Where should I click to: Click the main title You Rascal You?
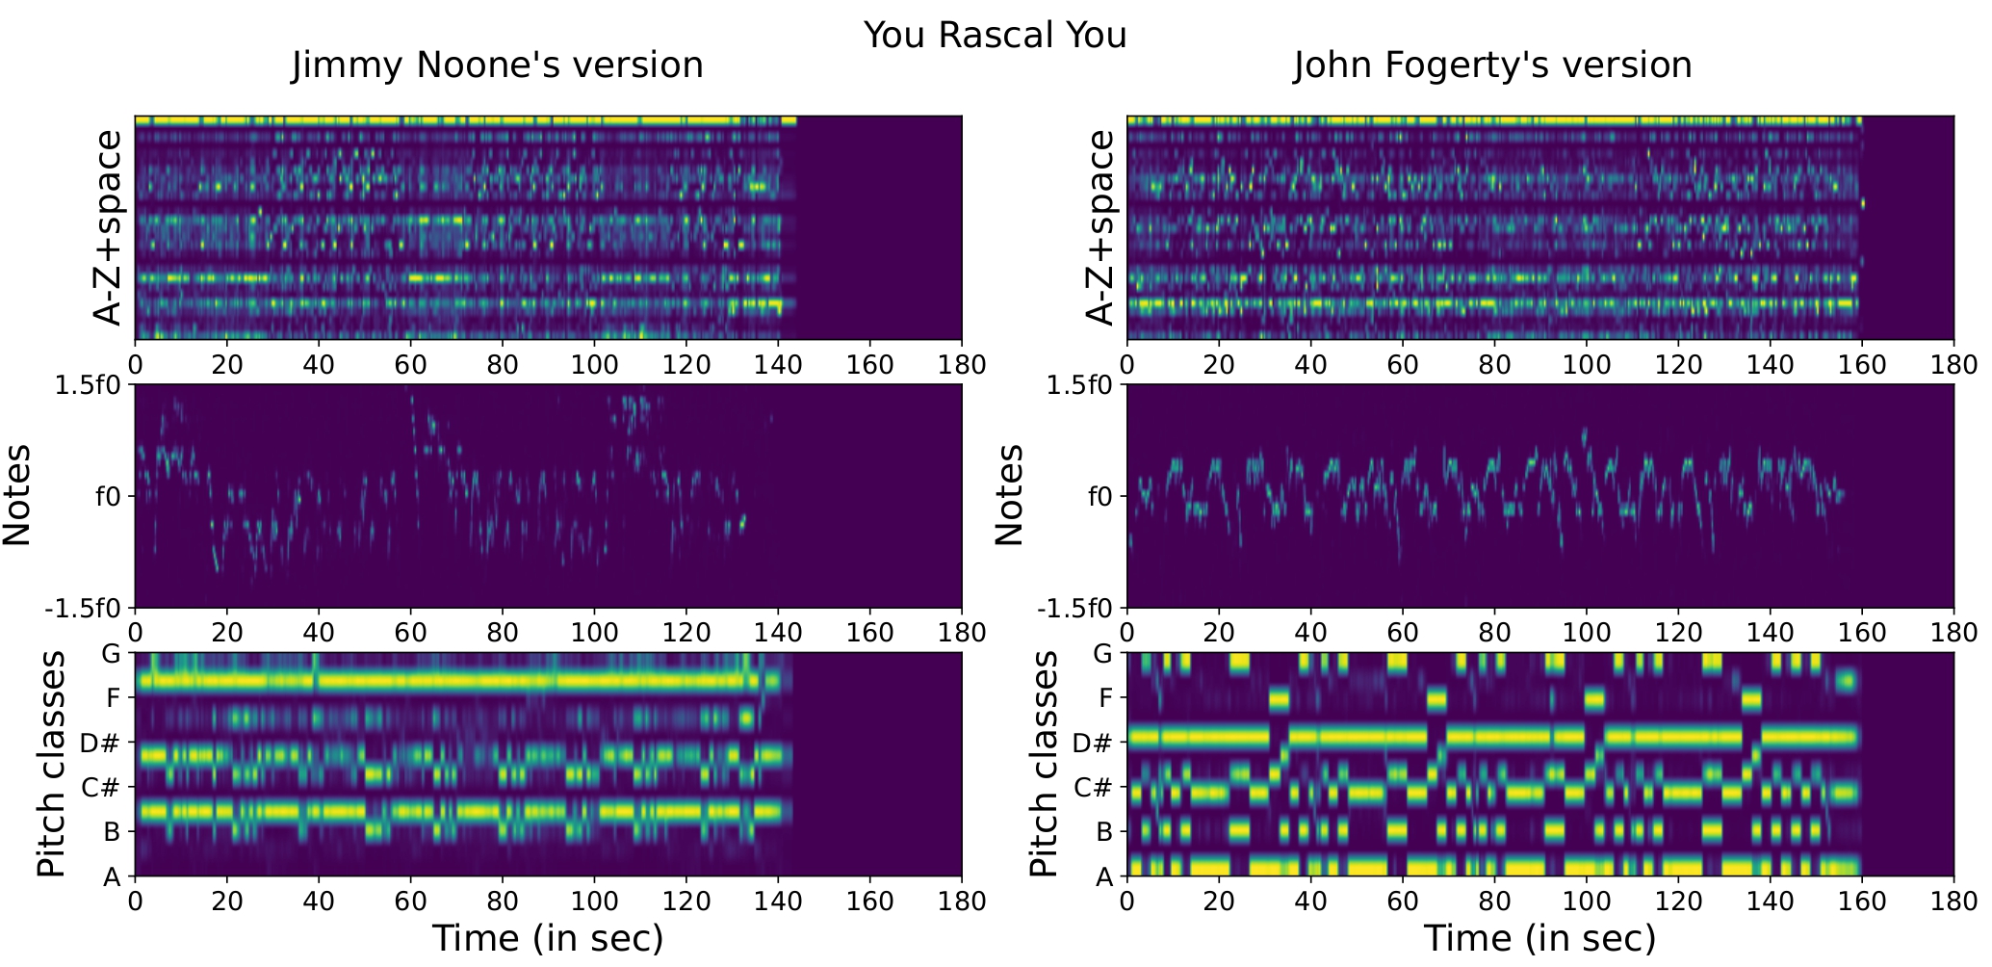tap(995, 36)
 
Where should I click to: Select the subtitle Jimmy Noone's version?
tap(497, 65)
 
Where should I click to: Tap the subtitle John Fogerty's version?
tap(1491, 65)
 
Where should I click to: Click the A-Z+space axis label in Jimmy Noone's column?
tap(108, 228)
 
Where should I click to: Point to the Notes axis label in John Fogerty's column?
tap(1008, 496)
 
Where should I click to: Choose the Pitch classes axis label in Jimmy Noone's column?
tap(50, 764)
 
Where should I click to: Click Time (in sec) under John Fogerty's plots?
tap(1539, 938)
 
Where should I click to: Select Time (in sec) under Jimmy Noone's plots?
tap(547, 938)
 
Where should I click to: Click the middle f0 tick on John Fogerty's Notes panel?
tap(1099, 497)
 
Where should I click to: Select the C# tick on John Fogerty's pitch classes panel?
tap(1094, 788)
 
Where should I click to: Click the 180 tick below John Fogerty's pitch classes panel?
tap(1953, 902)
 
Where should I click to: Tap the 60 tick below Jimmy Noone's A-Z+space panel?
tap(410, 366)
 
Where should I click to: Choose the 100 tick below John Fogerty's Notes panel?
tap(1586, 634)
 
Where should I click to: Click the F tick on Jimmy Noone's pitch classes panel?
tap(112, 698)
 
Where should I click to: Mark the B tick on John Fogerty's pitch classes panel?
tap(1103, 832)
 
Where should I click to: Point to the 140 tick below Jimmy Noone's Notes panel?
tap(778, 634)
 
